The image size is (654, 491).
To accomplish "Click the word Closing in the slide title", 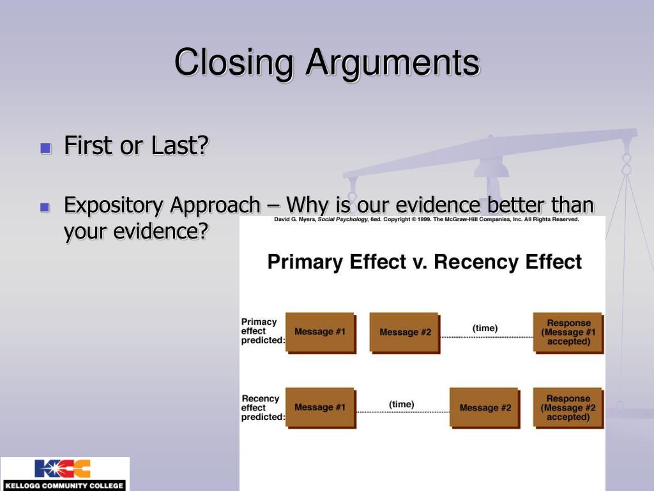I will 234,63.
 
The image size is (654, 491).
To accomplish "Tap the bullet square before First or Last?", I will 45,149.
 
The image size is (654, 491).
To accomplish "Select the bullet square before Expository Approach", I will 45,207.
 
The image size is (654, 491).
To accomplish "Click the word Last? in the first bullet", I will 179,146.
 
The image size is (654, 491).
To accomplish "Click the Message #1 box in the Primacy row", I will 319,332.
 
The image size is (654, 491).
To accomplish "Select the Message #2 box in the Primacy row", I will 405,332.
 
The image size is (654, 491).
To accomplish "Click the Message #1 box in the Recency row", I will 319,407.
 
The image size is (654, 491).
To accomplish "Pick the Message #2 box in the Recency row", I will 485,408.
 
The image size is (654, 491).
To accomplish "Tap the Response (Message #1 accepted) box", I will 568,332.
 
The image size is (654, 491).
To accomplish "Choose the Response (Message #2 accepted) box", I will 568,408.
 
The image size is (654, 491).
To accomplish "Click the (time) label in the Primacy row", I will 485,328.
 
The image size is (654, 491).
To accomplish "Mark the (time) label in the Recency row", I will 401,404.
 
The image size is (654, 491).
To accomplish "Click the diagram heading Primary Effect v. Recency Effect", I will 424,262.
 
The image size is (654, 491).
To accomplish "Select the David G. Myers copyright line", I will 426,219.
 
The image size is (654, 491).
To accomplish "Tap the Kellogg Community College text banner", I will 63,486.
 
